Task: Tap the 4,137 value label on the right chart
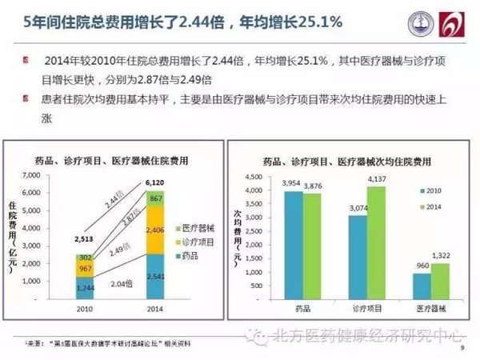(x=375, y=178)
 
